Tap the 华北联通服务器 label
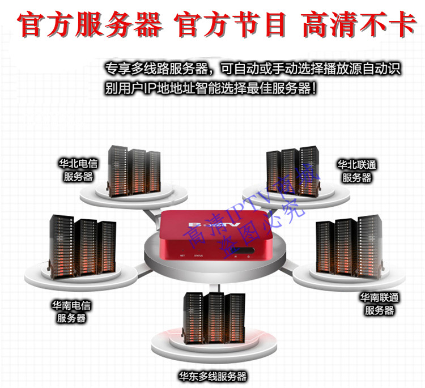pyautogui.click(x=357, y=171)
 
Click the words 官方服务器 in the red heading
pyautogui.click(x=90, y=25)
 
